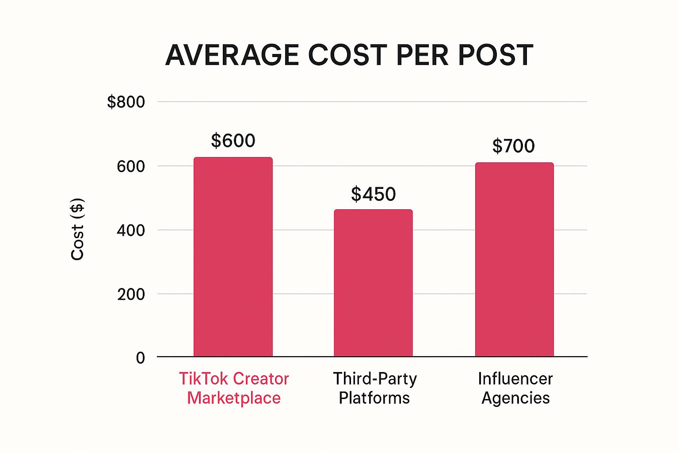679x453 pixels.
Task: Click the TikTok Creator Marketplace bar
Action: click(x=233, y=257)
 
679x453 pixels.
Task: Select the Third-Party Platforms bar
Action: click(x=373, y=283)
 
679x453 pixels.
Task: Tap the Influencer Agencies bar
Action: click(x=514, y=259)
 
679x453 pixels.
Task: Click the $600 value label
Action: click(x=233, y=141)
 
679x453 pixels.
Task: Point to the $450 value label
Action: click(x=373, y=194)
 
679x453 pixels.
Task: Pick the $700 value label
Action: click(x=514, y=146)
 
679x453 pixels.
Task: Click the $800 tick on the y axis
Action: click(x=126, y=102)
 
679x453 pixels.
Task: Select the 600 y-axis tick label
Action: click(x=131, y=166)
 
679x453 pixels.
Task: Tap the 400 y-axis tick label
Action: click(x=131, y=230)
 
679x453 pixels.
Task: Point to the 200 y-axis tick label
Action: click(x=131, y=294)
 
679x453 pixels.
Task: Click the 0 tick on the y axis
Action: click(x=141, y=357)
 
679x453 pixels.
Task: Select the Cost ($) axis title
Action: click(x=78, y=229)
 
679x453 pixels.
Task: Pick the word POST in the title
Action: click(x=495, y=55)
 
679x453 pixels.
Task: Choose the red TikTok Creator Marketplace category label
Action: click(x=234, y=388)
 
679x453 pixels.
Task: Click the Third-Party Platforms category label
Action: click(x=374, y=388)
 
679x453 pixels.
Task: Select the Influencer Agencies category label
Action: click(x=515, y=388)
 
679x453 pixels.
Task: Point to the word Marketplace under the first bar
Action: click(x=234, y=398)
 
